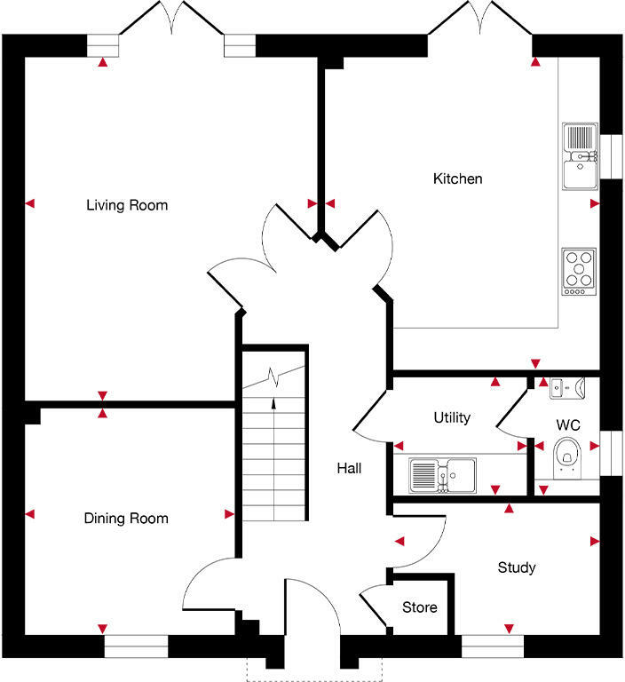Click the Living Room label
point(126,205)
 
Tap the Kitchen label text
point(457,178)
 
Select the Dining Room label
point(125,518)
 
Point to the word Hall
point(348,468)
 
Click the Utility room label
point(451,416)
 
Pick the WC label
point(567,425)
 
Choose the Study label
point(516,567)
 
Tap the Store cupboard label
point(419,607)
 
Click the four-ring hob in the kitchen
point(578,272)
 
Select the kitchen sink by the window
point(579,155)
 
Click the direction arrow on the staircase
point(273,404)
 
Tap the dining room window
point(136,646)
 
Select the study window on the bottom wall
point(494,646)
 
